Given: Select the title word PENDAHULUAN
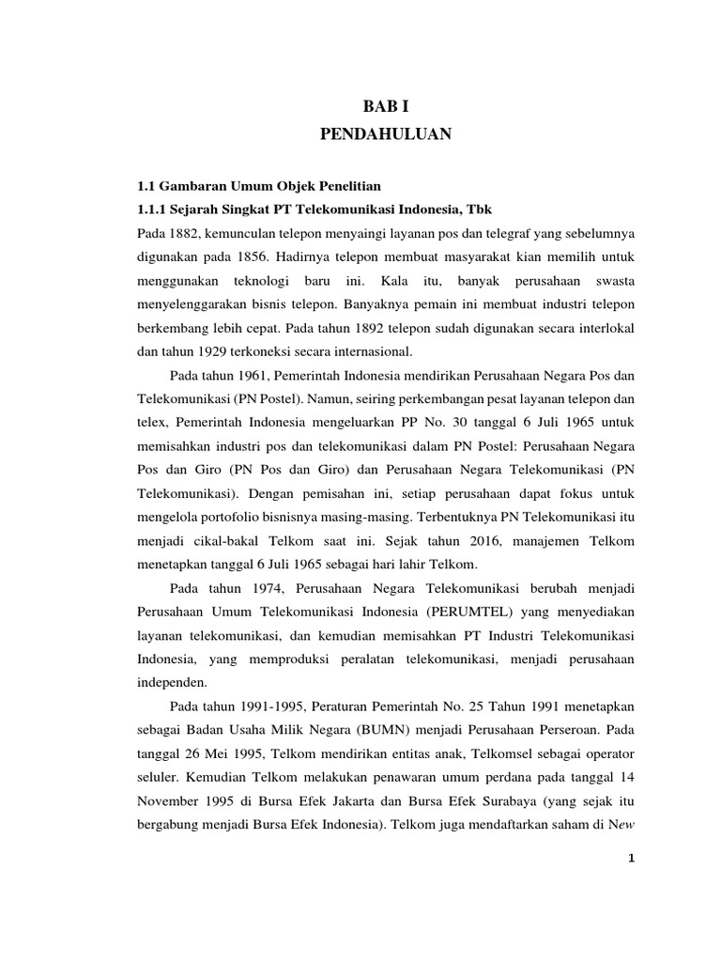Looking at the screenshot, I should click(x=386, y=135).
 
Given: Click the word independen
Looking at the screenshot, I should click(x=173, y=683).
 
